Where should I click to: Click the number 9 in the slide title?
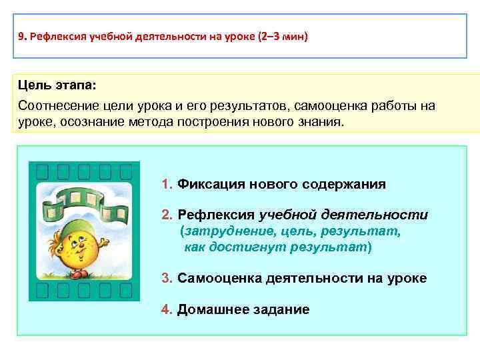(x=21, y=37)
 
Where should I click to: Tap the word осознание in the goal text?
(x=87, y=123)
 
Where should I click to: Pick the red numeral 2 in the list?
(x=166, y=215)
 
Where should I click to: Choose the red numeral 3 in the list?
(x=166, y=278)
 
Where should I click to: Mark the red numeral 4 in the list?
(x=166, y=309)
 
